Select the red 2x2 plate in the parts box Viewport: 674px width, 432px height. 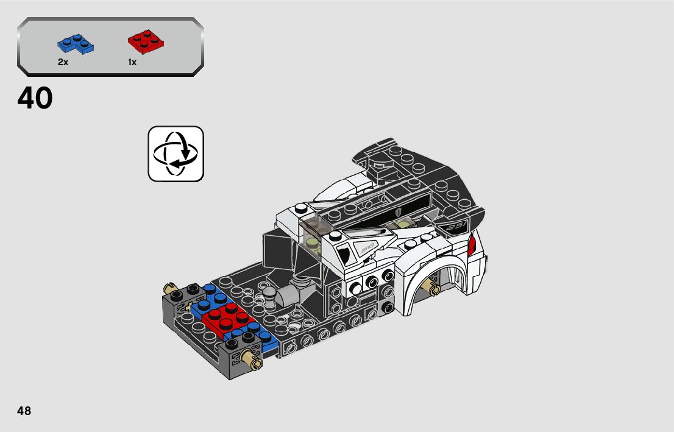[146, 41]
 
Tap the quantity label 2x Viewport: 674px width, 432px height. [63, 62]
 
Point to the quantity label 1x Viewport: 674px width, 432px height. [132, 62]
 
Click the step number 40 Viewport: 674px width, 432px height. [35, 99]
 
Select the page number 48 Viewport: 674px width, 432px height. [24, 411]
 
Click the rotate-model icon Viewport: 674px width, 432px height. [176, 154]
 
